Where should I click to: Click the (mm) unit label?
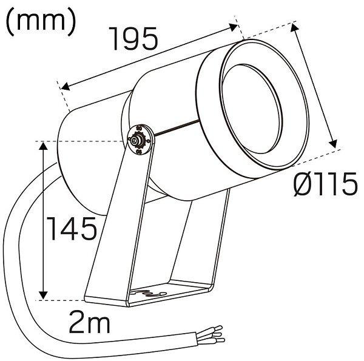point(41,22)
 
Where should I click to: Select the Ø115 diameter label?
point(325,184)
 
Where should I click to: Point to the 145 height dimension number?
point(72,229)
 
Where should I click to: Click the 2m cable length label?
point(89,322)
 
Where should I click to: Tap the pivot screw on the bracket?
point(135,140)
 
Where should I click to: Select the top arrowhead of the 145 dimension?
point(43,146)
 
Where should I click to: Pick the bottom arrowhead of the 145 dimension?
point(43,295)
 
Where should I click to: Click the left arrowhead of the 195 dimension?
point(66,86)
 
